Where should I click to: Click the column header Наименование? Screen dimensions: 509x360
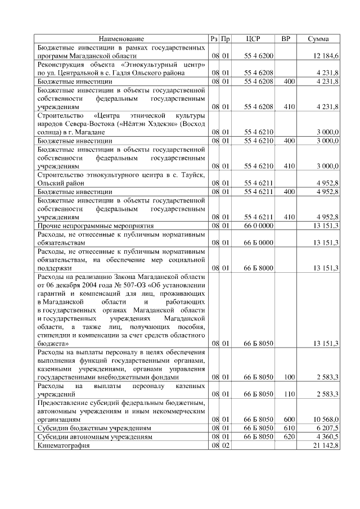coord(121,39)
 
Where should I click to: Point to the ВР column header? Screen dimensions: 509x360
coord(286,39)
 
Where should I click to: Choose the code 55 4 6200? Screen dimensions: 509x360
coord(258,57)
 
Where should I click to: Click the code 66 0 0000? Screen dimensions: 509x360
coord(258,226)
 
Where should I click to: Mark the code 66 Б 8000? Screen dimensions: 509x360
coord(258,268)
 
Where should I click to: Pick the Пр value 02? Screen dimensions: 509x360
coord(225,445)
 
